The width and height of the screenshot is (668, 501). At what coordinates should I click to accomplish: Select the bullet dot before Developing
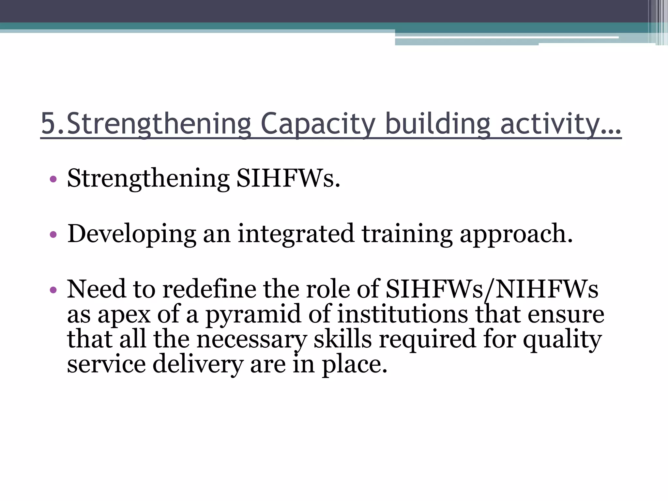click(x=53, y=235)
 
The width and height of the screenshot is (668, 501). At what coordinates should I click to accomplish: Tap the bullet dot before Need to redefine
click(x=53, y=290)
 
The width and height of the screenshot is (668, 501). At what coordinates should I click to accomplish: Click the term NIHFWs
click(x=547, y=289)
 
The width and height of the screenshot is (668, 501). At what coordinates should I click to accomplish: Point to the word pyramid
click(x=252, y=315)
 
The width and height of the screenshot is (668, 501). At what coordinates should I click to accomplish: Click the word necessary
click(x=251, y=339)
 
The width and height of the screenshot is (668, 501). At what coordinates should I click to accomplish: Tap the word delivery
click(x=198, y=364)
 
